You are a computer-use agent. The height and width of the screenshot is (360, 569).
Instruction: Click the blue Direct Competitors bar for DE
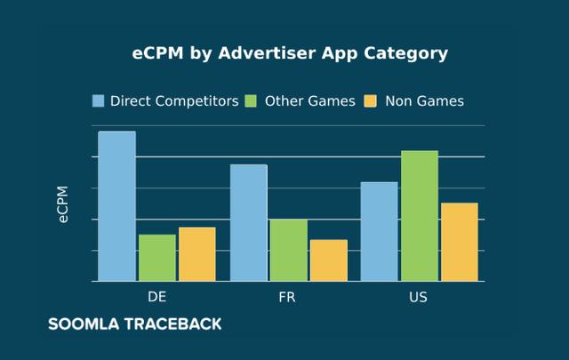pyautogui.click(x=116, y=206)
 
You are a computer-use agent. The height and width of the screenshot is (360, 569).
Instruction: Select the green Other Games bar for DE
pyautogui.click(x=156, y=258)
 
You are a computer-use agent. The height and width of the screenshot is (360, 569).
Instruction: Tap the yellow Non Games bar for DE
pyautogui.click(x=196, y=254)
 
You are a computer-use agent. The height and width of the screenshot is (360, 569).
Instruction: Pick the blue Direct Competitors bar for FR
pyautogui.click(x=248, y=222)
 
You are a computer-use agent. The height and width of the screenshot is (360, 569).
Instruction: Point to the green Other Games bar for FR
pyautogui.click(x=288, y=250)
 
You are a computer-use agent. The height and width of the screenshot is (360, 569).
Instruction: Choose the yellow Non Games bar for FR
pyautogui.click(x=328, y=260)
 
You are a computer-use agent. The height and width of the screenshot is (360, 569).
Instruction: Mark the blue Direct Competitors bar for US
pyautogui.click(x=379, y=231)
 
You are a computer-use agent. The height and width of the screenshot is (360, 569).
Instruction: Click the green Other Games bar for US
pyautogui.click(x=419, y=216)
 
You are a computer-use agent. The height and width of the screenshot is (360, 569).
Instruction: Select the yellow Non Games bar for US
pyautogui.click(x=459, y=242)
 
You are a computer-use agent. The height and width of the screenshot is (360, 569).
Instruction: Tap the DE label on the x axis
pyautogui.click(x=156, y=296)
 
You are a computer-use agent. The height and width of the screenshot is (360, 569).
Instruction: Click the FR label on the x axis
pyautogui.click(x=287, y=296)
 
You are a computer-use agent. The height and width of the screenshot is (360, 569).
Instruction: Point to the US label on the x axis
pyautogui.click(x=418, y=296)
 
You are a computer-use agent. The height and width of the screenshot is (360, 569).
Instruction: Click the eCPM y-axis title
pyautogui.click(x=63, y=204)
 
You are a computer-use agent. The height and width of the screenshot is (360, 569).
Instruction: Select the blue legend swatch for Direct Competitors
pyautogui.click(x=99, y=100)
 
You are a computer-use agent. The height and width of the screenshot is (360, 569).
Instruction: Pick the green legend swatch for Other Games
pyautogui.click(x=252, y=100)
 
